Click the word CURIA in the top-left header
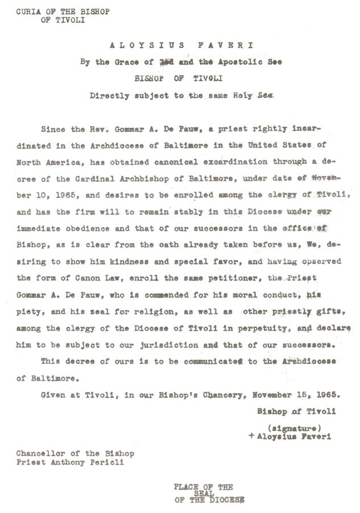tap(26, 11)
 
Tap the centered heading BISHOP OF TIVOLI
tap(180, 80)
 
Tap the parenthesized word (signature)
tap(294, 427)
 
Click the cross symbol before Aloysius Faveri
tap(251, 437)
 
